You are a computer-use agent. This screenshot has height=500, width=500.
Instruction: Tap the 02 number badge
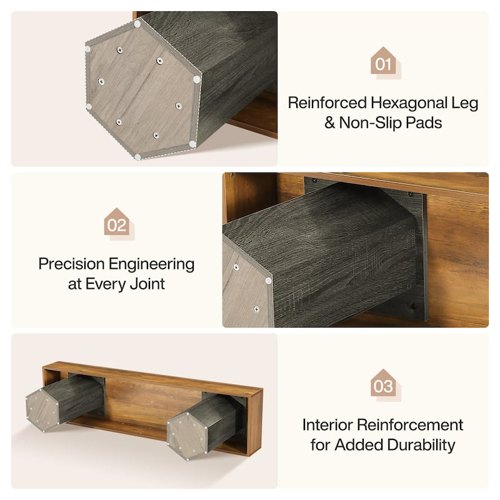click(117, 223)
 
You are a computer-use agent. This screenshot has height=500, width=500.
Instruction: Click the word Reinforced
click(327, 102)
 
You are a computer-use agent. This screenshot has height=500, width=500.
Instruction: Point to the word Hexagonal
click(412, 102)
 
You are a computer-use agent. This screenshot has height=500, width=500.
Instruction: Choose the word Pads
click(424, 122)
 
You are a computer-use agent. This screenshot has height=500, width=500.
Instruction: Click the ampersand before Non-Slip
click(330, 122)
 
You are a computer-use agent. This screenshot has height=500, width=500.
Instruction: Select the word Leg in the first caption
click(467, 103)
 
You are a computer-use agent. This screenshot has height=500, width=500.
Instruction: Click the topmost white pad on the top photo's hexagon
click(137, 24)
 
